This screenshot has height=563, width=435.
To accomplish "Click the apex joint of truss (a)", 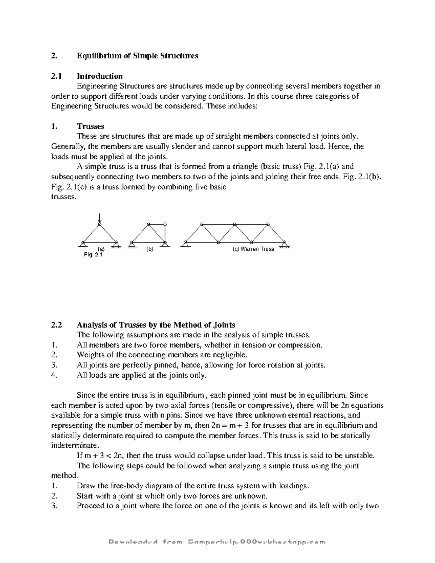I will coord(100,225).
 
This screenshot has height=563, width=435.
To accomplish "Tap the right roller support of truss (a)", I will coord(116,244).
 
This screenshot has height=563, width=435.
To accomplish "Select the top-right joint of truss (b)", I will coord(165,224).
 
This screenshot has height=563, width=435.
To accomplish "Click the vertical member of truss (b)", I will coord(165,233).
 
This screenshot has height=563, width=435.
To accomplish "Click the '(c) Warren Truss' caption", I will coord(253,249).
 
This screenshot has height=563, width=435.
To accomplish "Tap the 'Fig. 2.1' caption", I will coord(93,255).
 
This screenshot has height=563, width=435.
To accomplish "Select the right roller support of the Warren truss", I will coord(285,244).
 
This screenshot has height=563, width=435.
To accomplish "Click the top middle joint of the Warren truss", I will coord(235,224).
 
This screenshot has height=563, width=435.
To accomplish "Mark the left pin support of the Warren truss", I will coord(185,244).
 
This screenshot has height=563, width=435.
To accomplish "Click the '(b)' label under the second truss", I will coord(150,249).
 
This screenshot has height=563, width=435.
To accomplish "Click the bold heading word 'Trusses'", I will coord(90,126).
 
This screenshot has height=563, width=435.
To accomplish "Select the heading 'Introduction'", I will coord(99,76).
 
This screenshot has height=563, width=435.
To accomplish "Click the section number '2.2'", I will coord(57,324).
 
